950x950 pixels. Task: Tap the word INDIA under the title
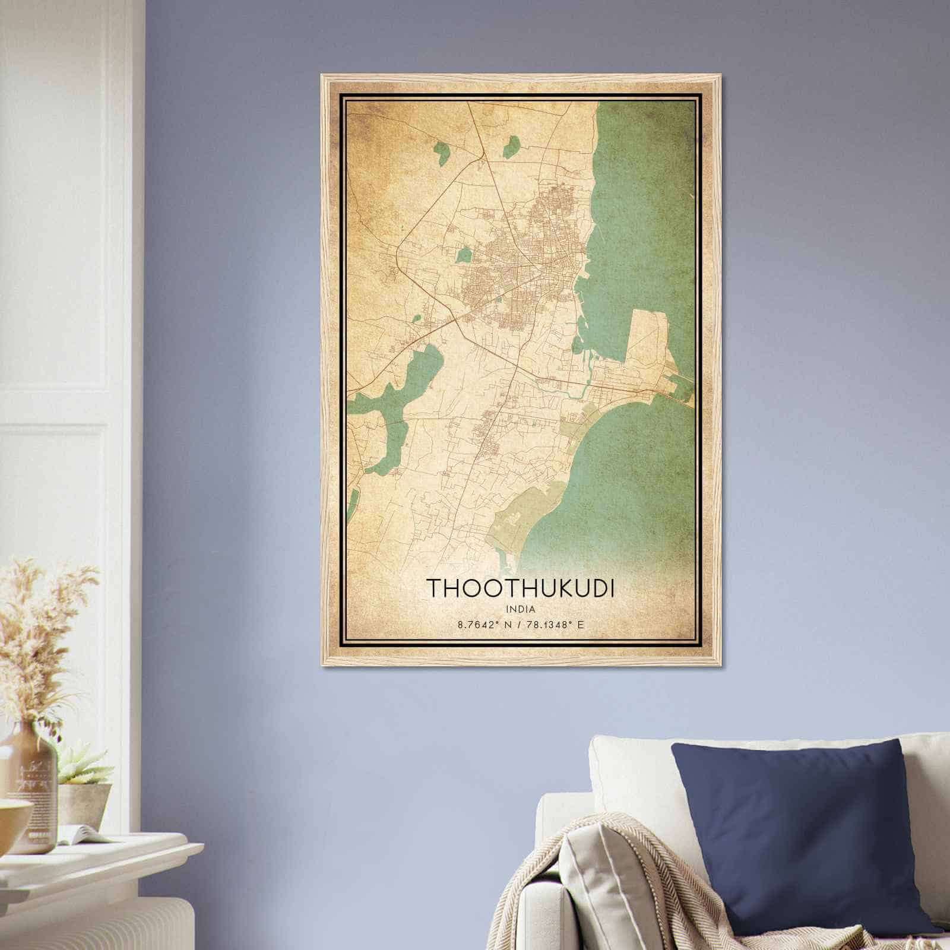(521, 609)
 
